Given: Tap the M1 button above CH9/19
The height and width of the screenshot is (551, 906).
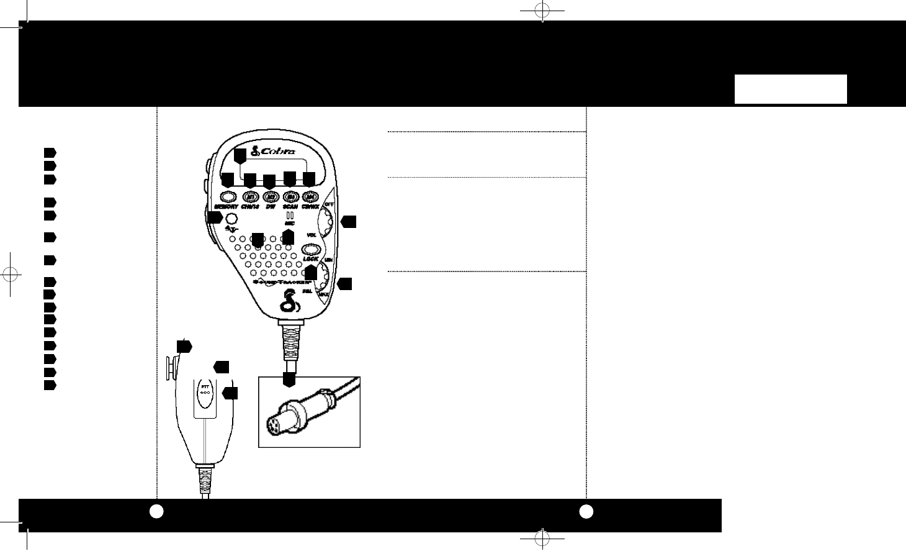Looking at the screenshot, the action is pos(250,196).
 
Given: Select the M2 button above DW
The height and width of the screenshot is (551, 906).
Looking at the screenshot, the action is pos(271,196).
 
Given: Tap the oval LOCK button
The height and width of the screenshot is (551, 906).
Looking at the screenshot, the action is pos(310,250).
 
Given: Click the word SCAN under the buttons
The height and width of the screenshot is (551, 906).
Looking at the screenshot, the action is pos(290,207).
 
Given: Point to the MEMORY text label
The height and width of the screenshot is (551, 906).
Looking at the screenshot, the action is pos(226,207).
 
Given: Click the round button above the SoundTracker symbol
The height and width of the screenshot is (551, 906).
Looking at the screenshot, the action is pos(231,219).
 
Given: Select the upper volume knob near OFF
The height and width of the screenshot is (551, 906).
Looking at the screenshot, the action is pos(325,221).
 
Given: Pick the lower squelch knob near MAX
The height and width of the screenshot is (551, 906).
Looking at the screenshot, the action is pos(323,286).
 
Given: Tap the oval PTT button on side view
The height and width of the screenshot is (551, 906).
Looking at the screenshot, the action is pos(205,394).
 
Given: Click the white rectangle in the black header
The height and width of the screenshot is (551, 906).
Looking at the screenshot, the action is pos(791,89).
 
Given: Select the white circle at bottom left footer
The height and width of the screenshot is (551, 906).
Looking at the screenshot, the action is pos(156,511).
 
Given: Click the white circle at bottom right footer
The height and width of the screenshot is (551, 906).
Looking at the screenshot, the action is pos(586,511).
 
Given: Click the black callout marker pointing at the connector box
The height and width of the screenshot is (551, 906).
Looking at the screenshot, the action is pos(288,380).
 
